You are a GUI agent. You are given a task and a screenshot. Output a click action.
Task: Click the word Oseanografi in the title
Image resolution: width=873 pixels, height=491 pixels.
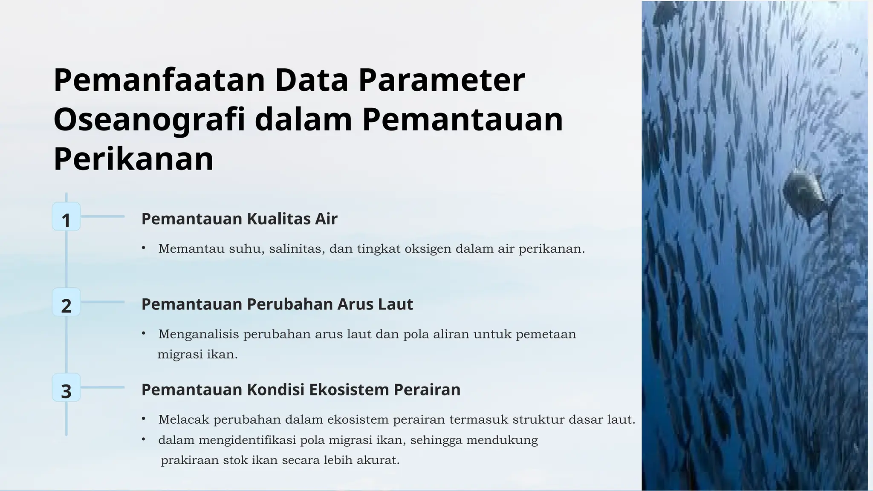click(x=150, y=120)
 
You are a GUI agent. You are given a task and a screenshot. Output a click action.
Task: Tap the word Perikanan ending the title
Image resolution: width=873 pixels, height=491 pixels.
click(x=133, y=159)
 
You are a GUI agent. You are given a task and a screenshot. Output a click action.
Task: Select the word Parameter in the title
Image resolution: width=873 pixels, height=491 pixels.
click(x=441, y=80)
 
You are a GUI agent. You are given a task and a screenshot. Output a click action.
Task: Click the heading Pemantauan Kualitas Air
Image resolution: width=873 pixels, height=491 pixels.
click(x=239, y=219)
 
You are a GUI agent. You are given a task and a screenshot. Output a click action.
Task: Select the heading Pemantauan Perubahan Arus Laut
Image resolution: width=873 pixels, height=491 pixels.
click(x=277, y=304)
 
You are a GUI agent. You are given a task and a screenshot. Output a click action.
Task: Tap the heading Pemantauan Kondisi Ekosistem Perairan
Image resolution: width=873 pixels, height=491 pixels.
click(x=301, y=390)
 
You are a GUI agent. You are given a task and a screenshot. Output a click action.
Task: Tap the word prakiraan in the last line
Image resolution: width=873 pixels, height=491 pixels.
click(x=190, y=460)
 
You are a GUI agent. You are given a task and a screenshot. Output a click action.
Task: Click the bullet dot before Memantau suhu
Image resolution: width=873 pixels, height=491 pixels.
click(x=144, y=248)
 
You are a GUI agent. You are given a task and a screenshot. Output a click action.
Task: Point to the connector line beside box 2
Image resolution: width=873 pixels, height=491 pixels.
click(x=102, y=302)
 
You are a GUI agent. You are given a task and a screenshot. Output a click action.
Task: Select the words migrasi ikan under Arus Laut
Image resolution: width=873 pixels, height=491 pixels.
click(x=197, y=355)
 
